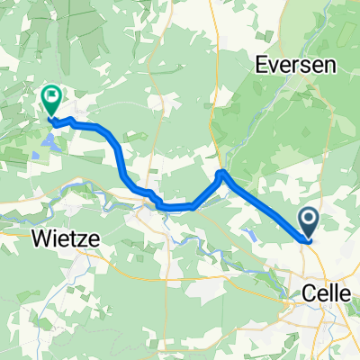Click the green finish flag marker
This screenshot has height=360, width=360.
pyautogui.click(x=51, y=97)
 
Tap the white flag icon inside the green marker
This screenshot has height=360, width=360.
pyautogui.click(x=51, y=94)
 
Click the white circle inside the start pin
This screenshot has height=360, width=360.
pyautogui.click(x=308, y=217)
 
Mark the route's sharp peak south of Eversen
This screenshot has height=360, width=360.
pyautogui.click(x=221, y=171)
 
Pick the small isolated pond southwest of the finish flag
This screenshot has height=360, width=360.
pyautogui.click(x=34, y=155)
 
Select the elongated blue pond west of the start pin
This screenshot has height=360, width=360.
pyautogui.click(x=255, y=237)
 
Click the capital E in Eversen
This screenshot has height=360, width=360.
pyautogui.click(x=261, y=66)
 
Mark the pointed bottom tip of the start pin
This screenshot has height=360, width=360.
pyautogui.click(x=308, y=239)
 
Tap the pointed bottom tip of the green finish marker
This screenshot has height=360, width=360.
pyautogui.click(x=51, y=117)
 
